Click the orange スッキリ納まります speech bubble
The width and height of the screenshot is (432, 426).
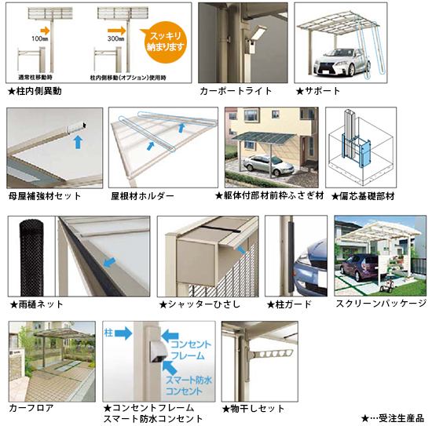tap(165, 42)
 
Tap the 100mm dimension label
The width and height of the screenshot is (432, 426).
tap(40, 38)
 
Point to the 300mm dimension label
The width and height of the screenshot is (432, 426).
tap(115, 38)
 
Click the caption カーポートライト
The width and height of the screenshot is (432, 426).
tap(236, 91)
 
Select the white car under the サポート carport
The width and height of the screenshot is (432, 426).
tap(342, 62)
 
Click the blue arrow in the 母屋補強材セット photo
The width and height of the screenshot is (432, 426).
tap(78, 142)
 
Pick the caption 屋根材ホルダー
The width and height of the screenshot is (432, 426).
tap(142, 196)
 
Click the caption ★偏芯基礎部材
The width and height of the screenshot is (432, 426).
tap(363, 196)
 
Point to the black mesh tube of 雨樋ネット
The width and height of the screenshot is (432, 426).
tap(31, 258)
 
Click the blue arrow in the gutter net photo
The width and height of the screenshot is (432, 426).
tap(109, 263)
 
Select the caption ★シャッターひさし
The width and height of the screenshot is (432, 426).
tap(200, 304)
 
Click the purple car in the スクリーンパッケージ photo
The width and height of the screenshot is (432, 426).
tap(358, 267)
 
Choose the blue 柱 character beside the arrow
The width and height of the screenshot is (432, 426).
tap(108, 333)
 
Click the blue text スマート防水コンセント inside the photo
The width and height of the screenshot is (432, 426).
tap(189, 385)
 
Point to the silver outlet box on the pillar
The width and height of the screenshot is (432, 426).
tap(158, 351)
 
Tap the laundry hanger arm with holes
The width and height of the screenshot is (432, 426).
tap(271, 354)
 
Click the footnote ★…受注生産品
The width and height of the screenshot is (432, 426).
tap(392, 418)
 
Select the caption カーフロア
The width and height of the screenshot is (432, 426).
tap(31, 408)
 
